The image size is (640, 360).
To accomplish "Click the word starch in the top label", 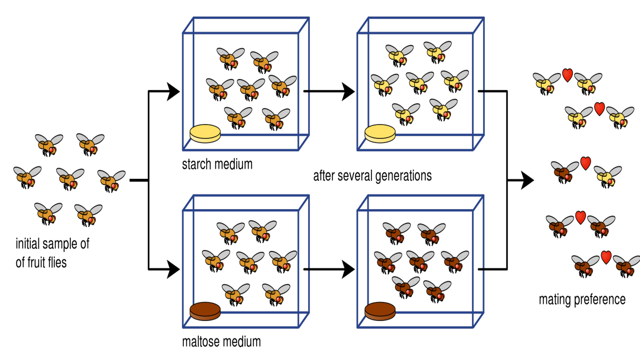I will tap(197, 164).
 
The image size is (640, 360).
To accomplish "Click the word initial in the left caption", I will tap(27, 244).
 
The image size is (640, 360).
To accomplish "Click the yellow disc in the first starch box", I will tap(205, 133).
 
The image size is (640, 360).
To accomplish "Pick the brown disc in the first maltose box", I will tap(205, 311).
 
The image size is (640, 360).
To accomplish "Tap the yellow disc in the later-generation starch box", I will tap(380, 133).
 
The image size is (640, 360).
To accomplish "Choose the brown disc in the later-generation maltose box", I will tap(380, 311).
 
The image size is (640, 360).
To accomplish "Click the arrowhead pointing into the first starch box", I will tap(174, 92).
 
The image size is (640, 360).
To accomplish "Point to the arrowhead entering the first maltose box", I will tap(174, 269).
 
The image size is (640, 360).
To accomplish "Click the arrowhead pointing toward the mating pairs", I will tap(528, 180).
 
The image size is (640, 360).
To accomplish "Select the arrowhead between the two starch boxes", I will tap(348, 92).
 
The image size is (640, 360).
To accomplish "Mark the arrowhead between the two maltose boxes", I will tap(348, 269).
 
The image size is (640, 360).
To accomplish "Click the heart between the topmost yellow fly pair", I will tap(567, 75).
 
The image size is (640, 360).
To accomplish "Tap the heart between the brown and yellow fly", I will tap(586, 163).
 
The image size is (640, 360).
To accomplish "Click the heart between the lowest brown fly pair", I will tap(606, 257).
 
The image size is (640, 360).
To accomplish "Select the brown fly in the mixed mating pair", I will tap(564, 172).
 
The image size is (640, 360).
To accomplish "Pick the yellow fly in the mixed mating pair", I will tap(607, 176).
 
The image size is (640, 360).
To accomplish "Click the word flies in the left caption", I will tap(57, 263).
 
